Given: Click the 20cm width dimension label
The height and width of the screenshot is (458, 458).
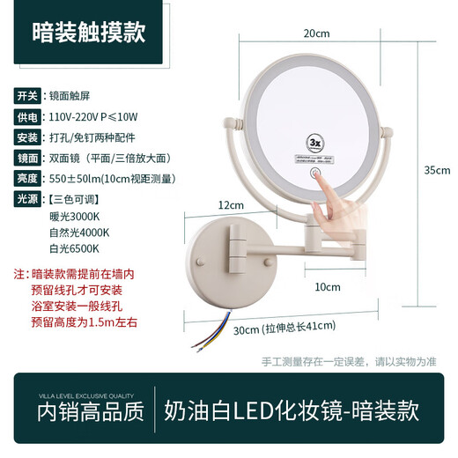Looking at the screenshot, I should (316, 33).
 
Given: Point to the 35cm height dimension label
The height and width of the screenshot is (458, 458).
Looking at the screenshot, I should (437, 171).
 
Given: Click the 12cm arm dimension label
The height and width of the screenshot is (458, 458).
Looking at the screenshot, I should (232, 204).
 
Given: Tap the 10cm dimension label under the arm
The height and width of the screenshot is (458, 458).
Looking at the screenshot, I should (328, 286).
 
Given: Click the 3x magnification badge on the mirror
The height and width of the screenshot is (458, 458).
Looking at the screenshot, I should (338, 139).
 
